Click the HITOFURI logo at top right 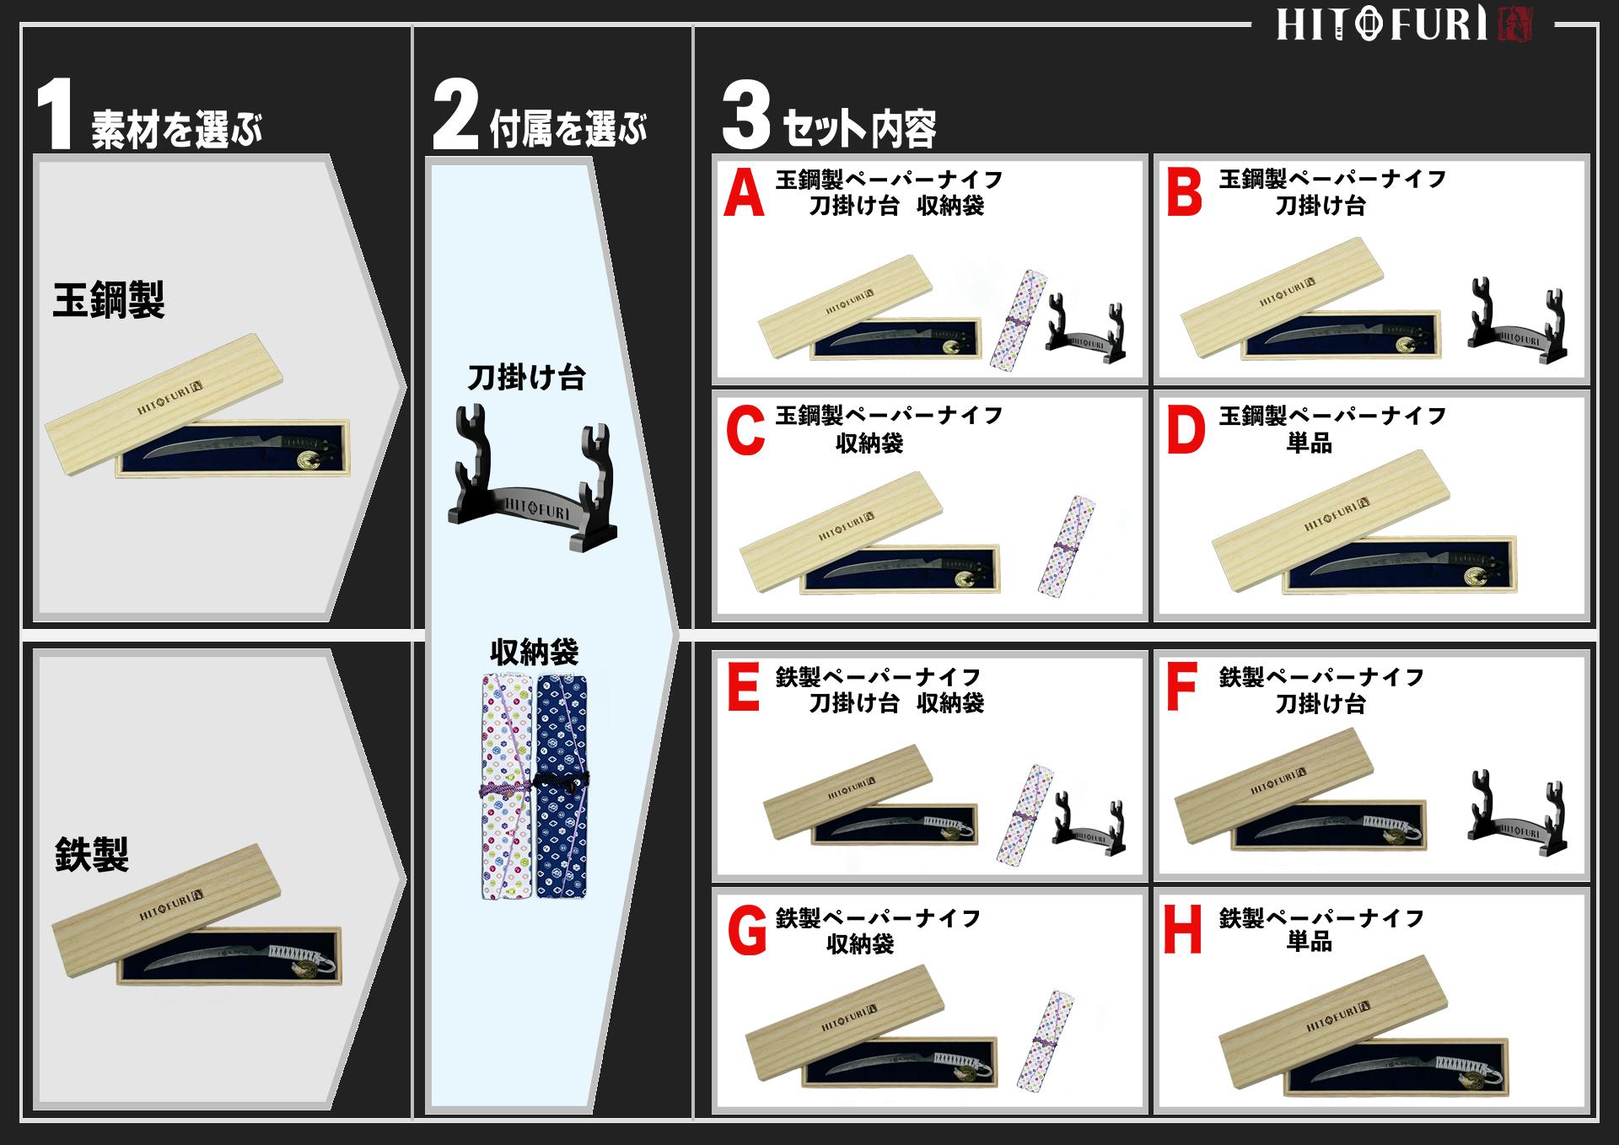1403,24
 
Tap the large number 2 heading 455,116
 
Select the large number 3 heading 745,116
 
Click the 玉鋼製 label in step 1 108,300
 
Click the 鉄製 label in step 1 91,854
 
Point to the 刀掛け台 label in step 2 526,377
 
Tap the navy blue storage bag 562,784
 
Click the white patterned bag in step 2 507,784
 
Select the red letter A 744,194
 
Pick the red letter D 1185,431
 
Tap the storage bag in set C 1066,546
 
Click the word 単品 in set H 1309,942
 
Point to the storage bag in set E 1025,814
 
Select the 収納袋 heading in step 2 534,652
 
